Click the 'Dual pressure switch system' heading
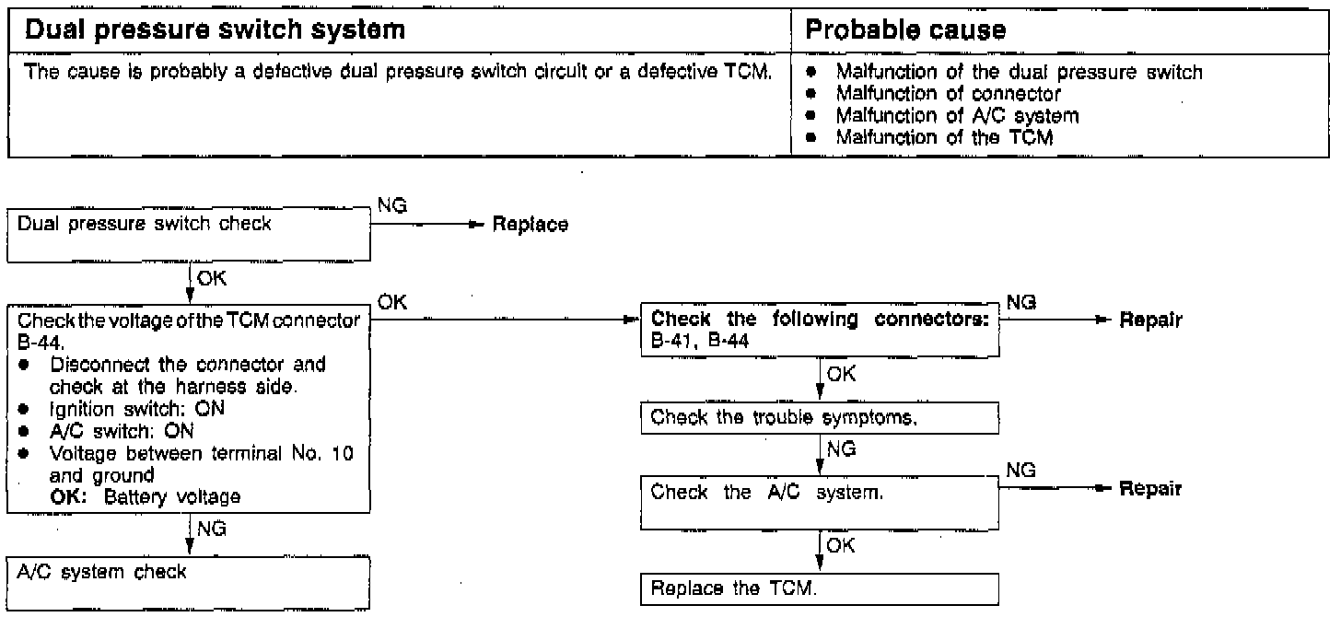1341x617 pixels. click(x=215, y=30)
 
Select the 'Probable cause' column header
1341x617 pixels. click(x=905, y=30)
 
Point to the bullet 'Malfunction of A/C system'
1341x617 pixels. click(x=957, y=115)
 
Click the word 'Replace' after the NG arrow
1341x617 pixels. click(x=531, y=226)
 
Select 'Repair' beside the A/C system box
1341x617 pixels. click(x=1150, y=489)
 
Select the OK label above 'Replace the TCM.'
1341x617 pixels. click(x=840, y=546)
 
